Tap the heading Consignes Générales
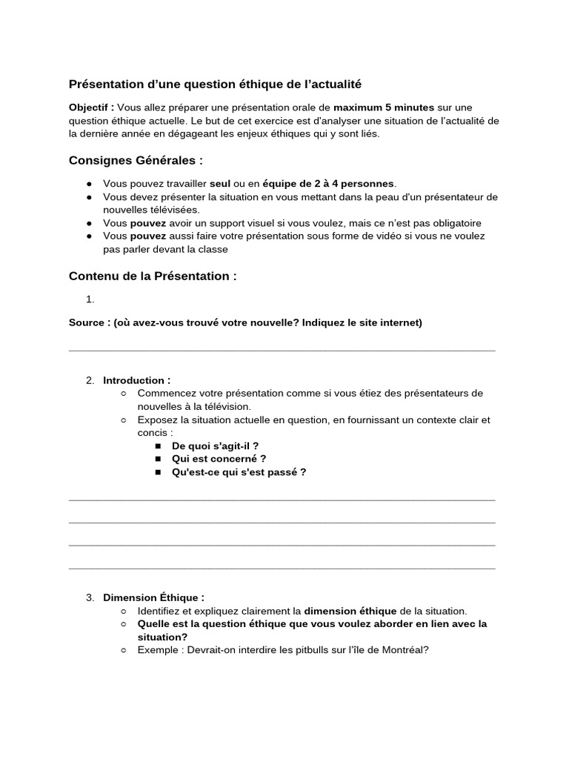(136, 160)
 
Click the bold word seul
(220, 183)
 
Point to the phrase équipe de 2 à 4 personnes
(329, 183)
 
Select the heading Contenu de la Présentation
(153, 276)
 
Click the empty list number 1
(90, 299)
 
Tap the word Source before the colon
(87, 323)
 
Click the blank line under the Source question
(282, 349)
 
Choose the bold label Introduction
(136, 380)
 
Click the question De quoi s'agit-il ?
(215, 445)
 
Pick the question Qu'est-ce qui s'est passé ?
(239, 472)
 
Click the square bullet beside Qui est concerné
(159, 459)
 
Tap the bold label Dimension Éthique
(153, 597)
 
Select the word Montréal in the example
(403, 650)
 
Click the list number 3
(90, 597)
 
